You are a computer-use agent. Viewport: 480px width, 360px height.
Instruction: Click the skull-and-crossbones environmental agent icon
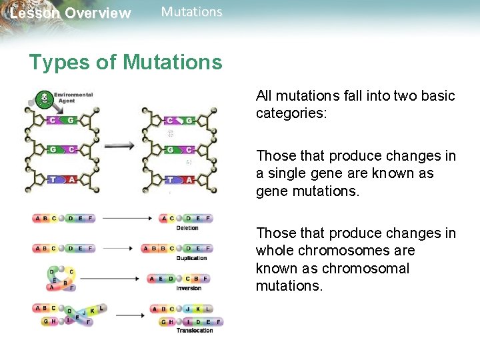pos(43,100)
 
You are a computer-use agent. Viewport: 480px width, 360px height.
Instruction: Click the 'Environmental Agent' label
pos(73,98)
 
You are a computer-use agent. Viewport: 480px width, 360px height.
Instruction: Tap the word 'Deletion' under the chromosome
pos(187,228)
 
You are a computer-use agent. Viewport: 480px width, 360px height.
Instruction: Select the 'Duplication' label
pos(191,258)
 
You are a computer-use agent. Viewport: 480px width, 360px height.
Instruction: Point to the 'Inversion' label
pos(188,288)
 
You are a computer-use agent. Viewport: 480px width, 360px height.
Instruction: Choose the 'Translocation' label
pos(195,330)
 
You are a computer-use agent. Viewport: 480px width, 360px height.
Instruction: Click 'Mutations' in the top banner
pos(191,11)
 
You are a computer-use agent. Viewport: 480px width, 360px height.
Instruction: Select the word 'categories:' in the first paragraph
pos(291,113)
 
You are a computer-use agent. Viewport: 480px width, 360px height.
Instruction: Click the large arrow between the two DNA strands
pos(119,145)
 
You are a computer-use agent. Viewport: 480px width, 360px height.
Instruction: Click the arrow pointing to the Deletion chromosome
pos(127,218)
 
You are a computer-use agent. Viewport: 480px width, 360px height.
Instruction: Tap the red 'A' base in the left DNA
pos(71,179)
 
